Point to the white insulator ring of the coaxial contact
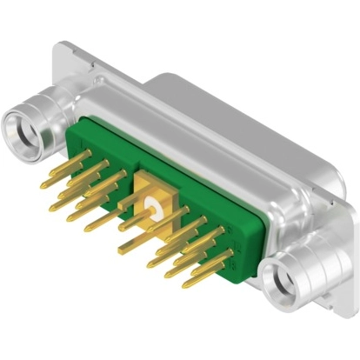(x=157, y=206)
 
